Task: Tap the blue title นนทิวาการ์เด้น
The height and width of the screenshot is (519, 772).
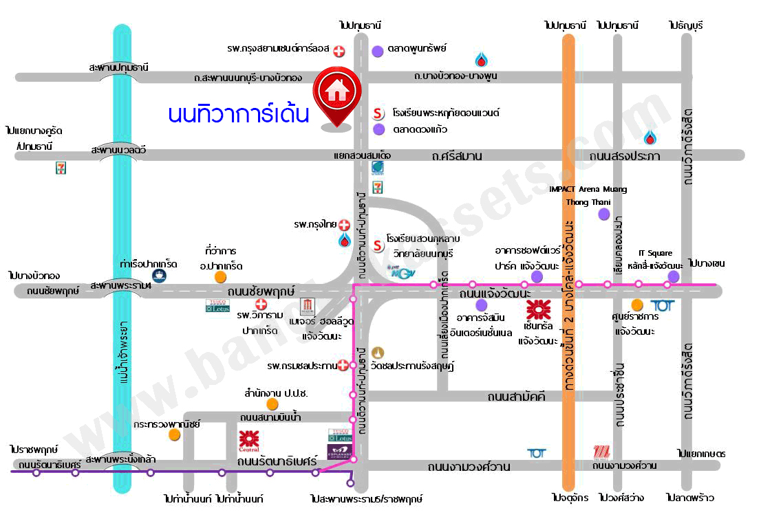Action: tap(238, 113)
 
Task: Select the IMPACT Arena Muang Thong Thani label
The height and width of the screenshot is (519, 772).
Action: tap(588, 195)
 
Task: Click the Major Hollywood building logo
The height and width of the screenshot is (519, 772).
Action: tap(308, 305)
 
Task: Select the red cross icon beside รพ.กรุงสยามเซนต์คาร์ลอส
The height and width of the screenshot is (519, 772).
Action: tap(339, 50)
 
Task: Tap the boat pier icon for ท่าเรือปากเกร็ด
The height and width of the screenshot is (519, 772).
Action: tap(160, 276)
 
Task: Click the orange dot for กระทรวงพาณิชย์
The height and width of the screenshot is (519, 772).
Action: tap(175, 434)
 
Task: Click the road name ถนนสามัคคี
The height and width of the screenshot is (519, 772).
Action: tap(516, 397)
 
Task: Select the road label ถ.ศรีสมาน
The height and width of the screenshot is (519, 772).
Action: tap(457, 156)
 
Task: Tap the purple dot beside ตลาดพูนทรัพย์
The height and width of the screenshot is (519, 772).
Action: tap(378, 50)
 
